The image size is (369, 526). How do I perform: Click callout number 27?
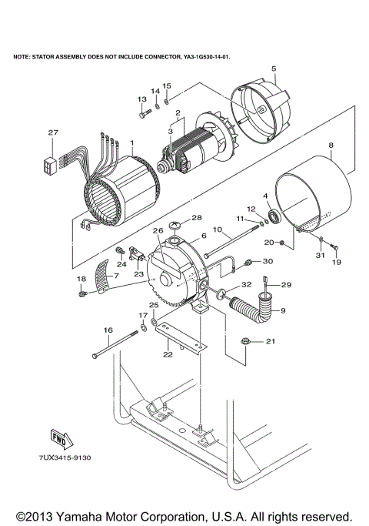coord(53,132)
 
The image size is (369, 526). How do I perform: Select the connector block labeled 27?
coord(52,163)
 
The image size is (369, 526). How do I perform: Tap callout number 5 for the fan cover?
coord(273,69)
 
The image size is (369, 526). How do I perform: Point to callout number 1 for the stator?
coord(131,142)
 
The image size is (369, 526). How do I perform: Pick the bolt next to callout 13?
coord(144,116)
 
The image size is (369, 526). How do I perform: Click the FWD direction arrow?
coord(59,438)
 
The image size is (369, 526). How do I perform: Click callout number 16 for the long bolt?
coord(107,330)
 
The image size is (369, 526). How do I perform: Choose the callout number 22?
coord(168,354)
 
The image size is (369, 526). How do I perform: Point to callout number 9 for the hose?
coord(282,310)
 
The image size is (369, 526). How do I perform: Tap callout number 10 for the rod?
coord(217,229)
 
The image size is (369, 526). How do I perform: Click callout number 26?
coord(158,229)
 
